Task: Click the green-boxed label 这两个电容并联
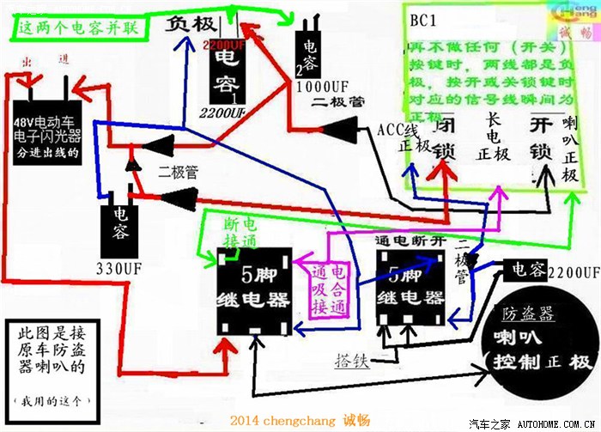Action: (x=76, y=28)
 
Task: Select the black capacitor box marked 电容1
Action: (x=228, y=72)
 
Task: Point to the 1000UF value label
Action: (x=319, y=88)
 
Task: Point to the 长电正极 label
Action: (x=493, y=142)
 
